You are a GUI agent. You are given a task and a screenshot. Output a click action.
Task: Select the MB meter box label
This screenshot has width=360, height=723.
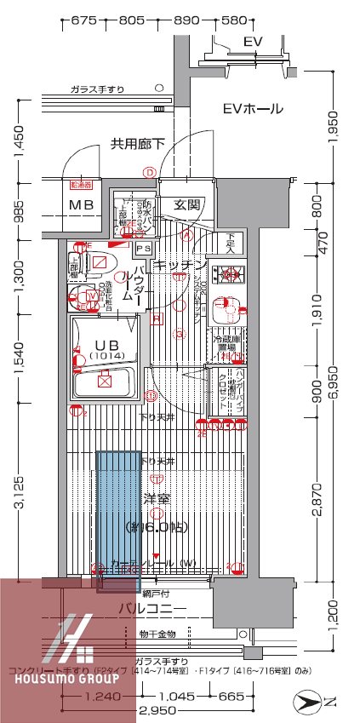coord(82,204)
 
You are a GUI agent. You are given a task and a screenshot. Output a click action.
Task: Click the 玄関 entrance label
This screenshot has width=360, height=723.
coord(188,204)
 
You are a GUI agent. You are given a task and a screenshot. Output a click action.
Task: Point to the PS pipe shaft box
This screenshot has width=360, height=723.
coord(144,249)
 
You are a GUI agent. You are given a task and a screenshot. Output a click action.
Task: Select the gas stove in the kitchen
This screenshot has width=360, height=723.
coord(228,275)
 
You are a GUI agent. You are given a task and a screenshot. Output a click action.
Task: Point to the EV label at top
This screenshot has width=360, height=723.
coord(253,42)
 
